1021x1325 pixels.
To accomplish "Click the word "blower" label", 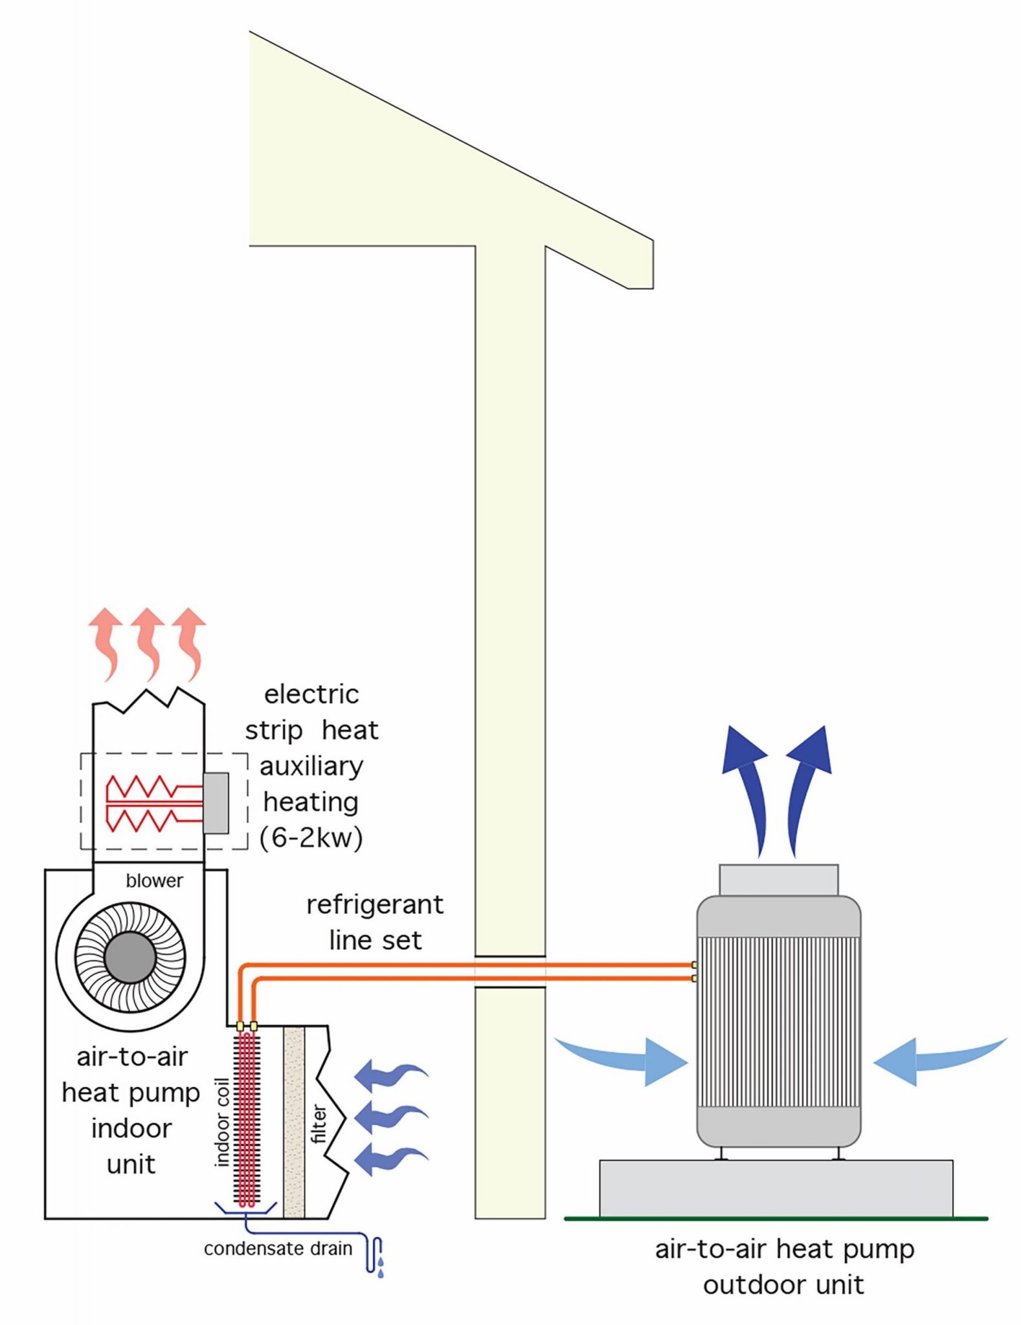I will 154,881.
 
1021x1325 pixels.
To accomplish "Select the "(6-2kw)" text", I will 311,838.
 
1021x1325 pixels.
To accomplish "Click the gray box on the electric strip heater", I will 216,803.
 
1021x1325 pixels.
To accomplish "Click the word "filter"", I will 319,1124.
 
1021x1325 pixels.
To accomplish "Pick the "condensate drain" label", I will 278,1249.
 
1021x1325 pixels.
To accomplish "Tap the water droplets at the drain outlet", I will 380,1267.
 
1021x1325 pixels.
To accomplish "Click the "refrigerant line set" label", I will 375,922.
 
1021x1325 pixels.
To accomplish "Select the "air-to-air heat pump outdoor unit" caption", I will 784,1266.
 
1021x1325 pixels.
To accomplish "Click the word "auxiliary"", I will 311,767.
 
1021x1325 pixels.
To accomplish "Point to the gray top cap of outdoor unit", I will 778,881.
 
